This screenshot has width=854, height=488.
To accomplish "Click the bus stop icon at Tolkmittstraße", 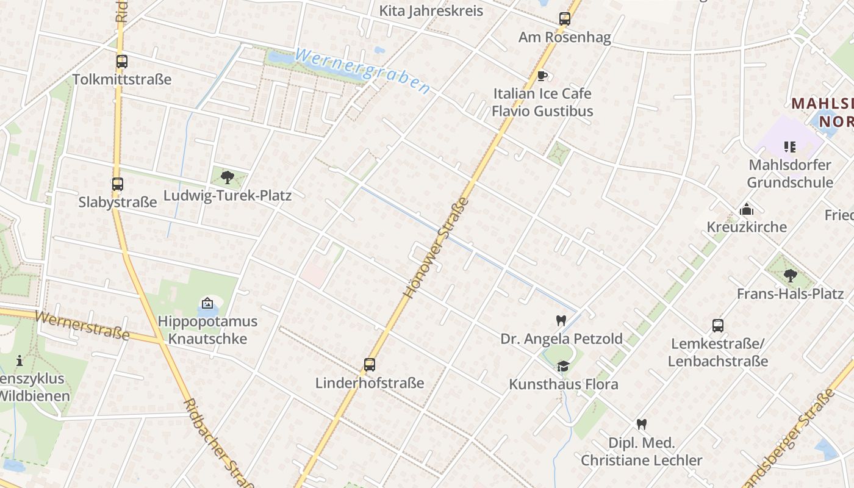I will [x=122, y=62].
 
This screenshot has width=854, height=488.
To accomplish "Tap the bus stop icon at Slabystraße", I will [x=117, y=184].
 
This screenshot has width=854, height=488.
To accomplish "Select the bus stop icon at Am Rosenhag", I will [x=565, y=19].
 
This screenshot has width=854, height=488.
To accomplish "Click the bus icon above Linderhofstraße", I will [x=370, y=365].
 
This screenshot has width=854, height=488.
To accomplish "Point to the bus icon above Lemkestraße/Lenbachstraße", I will [x=718, y=325].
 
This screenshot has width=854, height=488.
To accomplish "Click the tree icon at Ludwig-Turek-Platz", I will [x=227, y=178].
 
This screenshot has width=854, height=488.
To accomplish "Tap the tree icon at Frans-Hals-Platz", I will [x=790, y=275].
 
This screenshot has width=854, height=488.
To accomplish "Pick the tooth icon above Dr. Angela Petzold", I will [x=561, y=320].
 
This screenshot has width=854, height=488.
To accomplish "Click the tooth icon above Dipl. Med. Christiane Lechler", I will [x=641, y=424].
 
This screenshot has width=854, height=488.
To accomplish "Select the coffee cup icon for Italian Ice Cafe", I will [x=542, y=76].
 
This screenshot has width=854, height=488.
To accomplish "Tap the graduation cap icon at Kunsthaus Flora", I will [x=563, y=366].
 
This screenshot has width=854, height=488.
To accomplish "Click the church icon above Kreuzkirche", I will [x=747, y=209].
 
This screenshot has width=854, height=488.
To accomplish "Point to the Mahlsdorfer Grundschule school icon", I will [x=790, y=146].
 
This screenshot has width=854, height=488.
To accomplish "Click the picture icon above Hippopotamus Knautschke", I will [x=207, y=303].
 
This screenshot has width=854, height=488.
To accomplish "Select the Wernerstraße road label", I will [x=82, y=325].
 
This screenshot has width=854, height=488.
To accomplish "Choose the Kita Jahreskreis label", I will [x=431, y=11].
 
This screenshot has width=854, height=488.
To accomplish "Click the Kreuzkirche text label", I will [x=747, y=227].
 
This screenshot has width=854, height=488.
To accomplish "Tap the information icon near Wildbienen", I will [x=20, y=361].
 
